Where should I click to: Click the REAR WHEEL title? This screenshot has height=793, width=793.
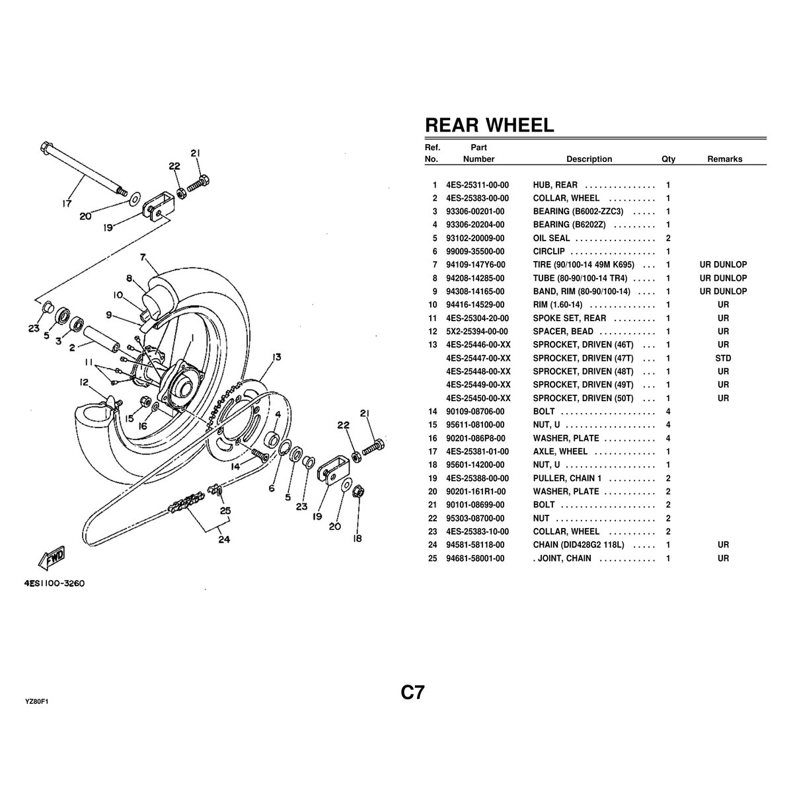(x=489, y=125)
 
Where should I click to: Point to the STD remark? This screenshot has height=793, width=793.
(x=723, y=358)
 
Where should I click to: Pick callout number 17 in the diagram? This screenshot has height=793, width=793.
(x=67, y=204)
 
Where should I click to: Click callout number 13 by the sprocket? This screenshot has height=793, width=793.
(x=276, y=358)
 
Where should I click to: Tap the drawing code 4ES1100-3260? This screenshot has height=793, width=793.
(x=56, y=584)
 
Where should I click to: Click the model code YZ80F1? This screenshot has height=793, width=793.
(x=37, y=702)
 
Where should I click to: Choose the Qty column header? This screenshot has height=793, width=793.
(x=668, y=159)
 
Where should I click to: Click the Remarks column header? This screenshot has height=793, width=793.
(x=724, y=159)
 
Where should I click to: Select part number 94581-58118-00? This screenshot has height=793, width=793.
(x=475, y=545)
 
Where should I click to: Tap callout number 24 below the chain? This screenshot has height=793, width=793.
(x=224, y=539)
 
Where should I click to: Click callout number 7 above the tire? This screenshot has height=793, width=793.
(x=143, y=256)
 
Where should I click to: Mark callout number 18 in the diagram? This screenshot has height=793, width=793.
(x=358, y=538)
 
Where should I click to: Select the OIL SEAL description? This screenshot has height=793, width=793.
(x=551, y=239)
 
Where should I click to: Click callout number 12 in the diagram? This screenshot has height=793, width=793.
(x=84, y=382)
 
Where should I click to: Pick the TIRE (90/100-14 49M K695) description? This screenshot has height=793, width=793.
(x=584, y=265)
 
